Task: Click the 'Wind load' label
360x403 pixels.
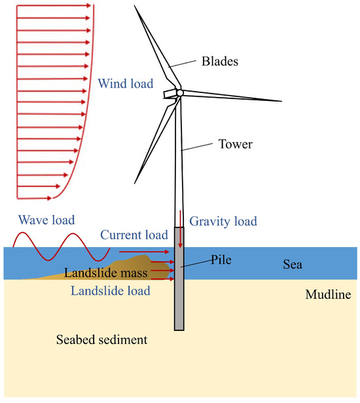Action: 125,84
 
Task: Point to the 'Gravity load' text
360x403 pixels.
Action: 223,221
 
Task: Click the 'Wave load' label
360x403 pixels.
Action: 46,220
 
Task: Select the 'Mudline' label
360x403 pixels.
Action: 327,295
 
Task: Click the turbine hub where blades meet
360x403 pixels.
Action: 179,93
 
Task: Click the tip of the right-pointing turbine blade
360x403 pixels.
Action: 280,101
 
